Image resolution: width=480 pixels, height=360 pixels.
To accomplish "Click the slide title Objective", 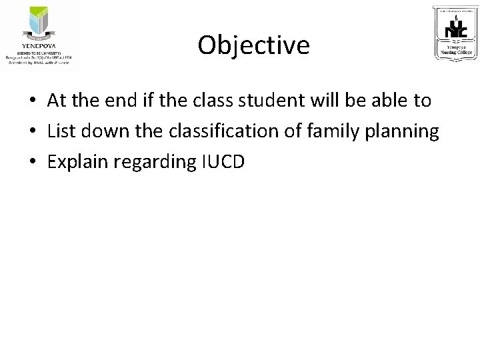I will (x=253, y=45).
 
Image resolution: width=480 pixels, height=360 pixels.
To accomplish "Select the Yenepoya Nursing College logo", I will (x=455, y=33).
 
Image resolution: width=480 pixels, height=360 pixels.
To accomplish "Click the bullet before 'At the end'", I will (x=31, y=101).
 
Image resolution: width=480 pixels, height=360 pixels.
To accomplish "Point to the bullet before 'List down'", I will (x=31, y=132).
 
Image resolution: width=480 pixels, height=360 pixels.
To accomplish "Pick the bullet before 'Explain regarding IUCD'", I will (x=31, y=163).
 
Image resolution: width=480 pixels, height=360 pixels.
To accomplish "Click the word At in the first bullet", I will (x=56, y=101).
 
